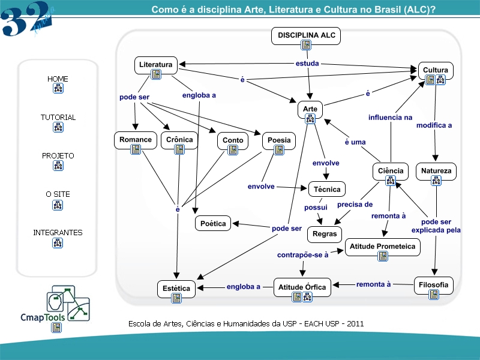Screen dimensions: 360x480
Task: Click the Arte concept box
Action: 310,110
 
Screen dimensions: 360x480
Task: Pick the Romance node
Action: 135,140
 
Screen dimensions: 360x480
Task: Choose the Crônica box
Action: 179,140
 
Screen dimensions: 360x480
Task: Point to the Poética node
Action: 213,224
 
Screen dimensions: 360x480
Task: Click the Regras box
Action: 325,233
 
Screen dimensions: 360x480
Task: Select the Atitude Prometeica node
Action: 382,247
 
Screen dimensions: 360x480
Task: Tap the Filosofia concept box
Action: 434,286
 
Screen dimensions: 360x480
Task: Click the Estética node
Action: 176,289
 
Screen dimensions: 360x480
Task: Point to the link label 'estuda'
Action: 307,63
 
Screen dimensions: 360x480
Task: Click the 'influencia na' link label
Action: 390,118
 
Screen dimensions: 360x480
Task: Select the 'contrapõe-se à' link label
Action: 302,255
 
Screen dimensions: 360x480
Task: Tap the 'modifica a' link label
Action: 434,125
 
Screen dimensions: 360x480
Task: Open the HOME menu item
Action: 58,79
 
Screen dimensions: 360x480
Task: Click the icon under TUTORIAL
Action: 58,127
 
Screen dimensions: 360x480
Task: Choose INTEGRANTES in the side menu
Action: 58,233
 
